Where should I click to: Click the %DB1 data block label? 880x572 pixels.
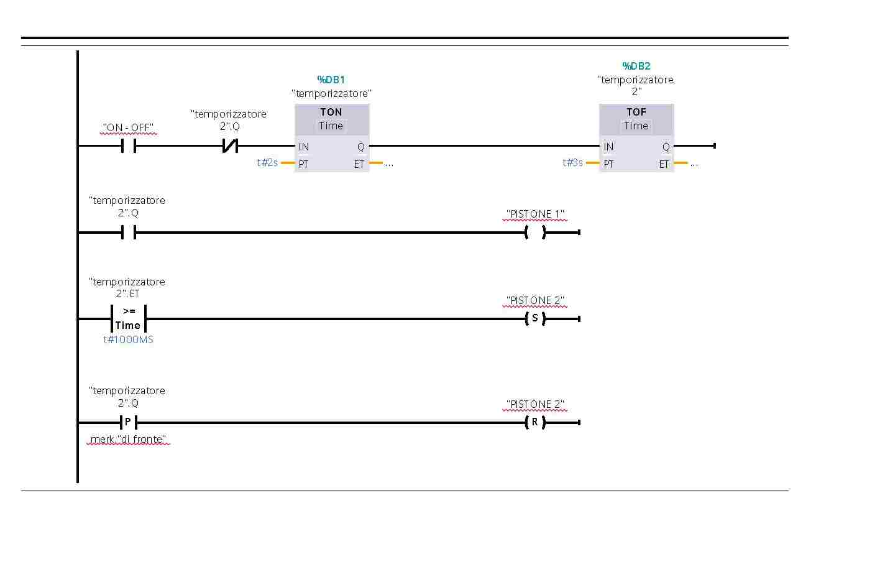(331, 80)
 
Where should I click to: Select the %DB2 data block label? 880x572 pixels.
(636, 66)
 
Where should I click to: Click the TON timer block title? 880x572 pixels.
(331, 112)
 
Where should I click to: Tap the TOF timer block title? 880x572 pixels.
(636, 112)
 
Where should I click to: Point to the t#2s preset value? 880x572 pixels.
(267, 163)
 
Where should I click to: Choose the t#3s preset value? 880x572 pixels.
(572, 163)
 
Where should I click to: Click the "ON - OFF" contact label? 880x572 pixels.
(128, 128)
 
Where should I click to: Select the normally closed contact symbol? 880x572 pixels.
(230, 146)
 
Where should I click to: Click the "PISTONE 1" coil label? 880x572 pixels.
(535, 214)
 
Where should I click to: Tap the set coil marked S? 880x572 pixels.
(534, 318)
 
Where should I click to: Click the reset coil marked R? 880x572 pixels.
(534, 422)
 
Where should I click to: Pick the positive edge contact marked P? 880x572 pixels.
(128, 422)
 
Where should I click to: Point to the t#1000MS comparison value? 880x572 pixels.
(128, 339)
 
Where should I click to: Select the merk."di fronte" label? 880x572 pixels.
(128, 440)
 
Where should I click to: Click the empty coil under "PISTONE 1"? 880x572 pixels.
(534, 233)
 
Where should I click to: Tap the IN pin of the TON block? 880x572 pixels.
(304, 147)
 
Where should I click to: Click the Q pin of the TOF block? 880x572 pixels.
(666, 147)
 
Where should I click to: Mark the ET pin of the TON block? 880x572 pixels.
(359, 164)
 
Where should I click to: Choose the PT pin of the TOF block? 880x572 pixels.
(608, 164)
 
